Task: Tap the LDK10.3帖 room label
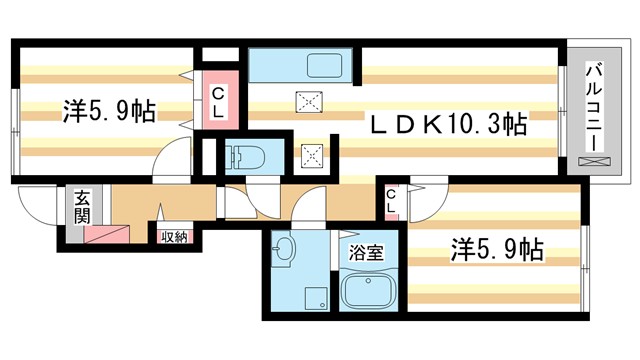448,125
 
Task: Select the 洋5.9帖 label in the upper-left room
109,111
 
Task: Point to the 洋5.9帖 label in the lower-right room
497,248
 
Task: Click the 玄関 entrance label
80,206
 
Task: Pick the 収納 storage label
174,236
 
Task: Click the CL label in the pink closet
218,101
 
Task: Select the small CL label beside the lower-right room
391,201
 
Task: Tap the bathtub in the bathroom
370,293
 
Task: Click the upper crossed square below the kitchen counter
307,99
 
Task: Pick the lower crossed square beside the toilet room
313,155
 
